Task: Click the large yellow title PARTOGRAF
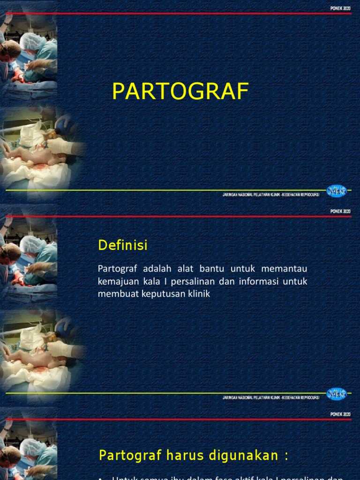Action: tap(180, 92)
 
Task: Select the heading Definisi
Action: tap(123, 245)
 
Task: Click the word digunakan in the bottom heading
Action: tap(237, 455)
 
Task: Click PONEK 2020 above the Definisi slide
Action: tap(340, 211)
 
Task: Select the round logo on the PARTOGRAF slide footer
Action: tap(336, 193)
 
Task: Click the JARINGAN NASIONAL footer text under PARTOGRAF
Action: tap(271, 195)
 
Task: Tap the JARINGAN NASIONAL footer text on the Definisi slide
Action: tap(271, 397)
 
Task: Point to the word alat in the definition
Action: tap(184, 269)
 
